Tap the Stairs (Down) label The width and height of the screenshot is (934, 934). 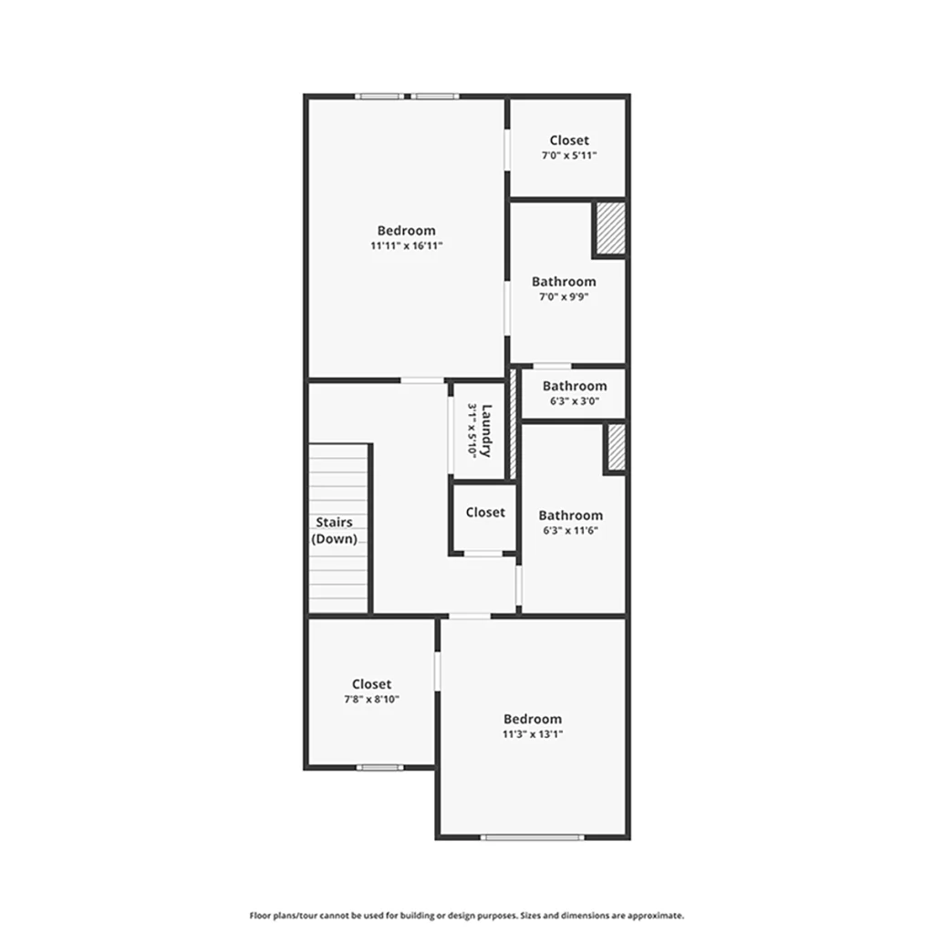[334, 531]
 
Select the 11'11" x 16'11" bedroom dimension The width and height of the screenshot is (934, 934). [406, 245]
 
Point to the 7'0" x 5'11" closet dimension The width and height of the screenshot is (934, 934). [569, 155]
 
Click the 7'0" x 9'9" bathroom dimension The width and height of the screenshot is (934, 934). [564, 296]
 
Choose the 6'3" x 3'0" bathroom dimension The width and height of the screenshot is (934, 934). [575, 401]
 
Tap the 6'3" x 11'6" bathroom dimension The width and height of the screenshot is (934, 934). [571, 531]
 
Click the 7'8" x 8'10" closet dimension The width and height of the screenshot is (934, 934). [372, 700]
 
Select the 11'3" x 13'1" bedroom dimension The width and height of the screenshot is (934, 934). [533, 734]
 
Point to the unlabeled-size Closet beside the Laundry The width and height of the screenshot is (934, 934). [485, 513]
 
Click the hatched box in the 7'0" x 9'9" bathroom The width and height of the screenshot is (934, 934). [611, 229]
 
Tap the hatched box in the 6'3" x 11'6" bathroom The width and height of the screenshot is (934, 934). [617, 447]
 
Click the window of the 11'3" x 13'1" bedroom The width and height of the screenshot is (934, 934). [533, 837]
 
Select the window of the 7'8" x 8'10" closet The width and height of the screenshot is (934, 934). [380, 767]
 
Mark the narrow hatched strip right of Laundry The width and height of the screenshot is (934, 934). [513, 424]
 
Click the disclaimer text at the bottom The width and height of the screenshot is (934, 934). [466, 916]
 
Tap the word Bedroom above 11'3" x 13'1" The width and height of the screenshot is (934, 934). [533, 719]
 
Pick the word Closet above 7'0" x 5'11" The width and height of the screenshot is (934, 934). [569, 140]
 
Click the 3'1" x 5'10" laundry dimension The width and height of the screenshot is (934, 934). [472, 431]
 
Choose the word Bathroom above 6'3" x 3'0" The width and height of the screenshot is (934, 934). [575, 386]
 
